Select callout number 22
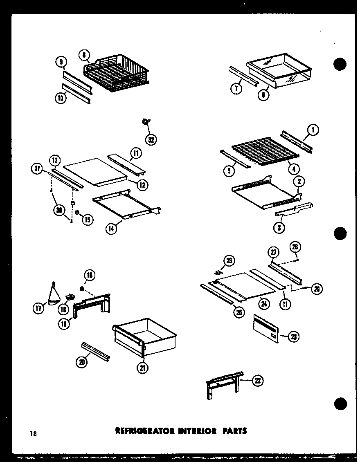click(256, 381)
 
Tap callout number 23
click(293, 336)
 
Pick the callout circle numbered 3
click(279, 228)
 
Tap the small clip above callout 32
click(146, 121)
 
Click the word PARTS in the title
click(234, 431)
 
